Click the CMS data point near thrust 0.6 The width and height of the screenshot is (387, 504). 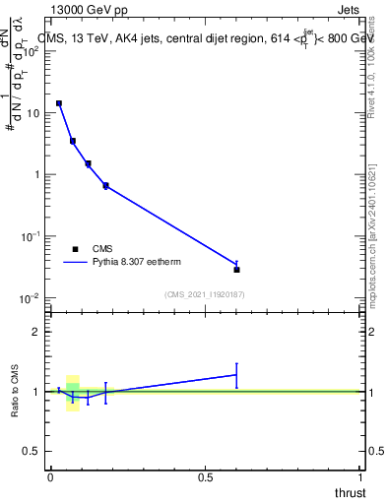click(x=236, y=269)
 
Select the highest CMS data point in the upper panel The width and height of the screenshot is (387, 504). click(x=59, y=103)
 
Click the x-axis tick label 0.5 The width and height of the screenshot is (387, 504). click(x=206, y=476)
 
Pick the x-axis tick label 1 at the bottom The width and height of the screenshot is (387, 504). click(x=361, y=476)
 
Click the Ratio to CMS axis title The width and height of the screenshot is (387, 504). click(x=16, y=392)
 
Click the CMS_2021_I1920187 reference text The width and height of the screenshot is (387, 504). click(x=206, y=293)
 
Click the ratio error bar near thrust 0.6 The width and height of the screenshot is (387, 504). click(x=236, y=374)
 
